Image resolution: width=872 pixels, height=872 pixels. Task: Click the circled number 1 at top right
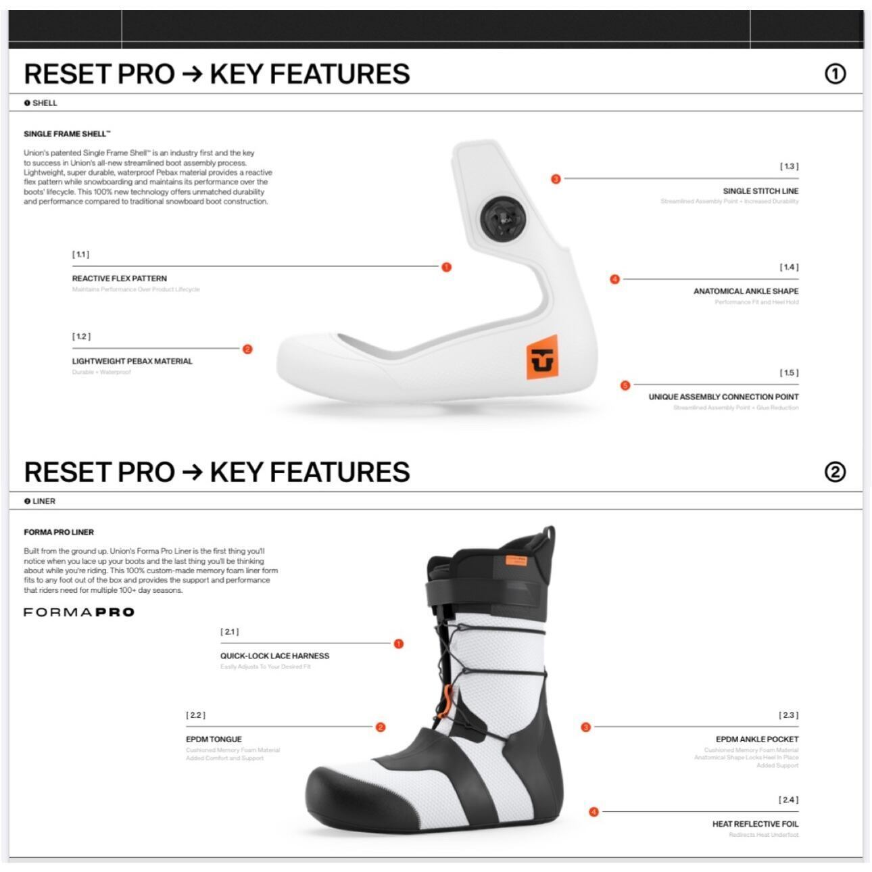click(835, 74)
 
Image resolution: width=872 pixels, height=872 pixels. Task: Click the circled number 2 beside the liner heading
click(835, 472)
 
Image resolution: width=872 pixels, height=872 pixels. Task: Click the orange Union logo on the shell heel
click(542, 358)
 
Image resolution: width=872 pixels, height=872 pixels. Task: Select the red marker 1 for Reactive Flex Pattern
click(446, 267)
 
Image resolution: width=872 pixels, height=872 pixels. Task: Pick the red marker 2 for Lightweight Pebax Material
click(247, 349)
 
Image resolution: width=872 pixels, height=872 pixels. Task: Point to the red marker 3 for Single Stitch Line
click(556, 179)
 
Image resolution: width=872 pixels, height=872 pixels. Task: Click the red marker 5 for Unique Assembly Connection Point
click(625, 385)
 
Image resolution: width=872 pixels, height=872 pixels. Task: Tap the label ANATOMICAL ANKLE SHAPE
click(746, 291)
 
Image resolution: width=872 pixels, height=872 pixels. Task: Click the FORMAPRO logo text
click(79, 612)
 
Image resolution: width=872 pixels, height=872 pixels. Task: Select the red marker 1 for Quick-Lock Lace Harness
click(398, 644)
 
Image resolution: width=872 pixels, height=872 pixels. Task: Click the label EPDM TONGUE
click(214, 740)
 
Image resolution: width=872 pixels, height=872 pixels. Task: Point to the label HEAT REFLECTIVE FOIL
click(755, 824)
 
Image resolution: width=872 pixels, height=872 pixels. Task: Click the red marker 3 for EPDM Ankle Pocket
click(585, 727)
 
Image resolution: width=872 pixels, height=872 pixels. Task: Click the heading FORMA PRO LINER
click(59, 532)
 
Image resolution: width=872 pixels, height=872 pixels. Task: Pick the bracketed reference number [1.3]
click(789, 166)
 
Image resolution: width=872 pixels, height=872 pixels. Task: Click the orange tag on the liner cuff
click(516, 560)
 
